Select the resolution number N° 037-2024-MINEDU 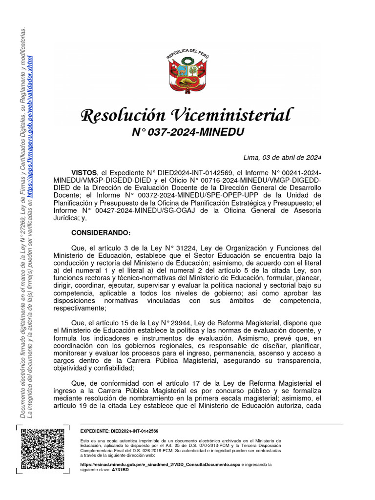point(187,132)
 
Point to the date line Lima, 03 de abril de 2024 point(282,157)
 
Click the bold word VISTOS point(84,173)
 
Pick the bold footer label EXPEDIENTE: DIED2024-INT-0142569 point(119,432)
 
